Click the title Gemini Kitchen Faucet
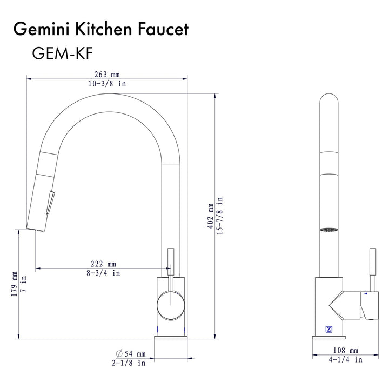point(101,29)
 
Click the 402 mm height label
point(210,216)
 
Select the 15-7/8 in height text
point(220,216)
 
